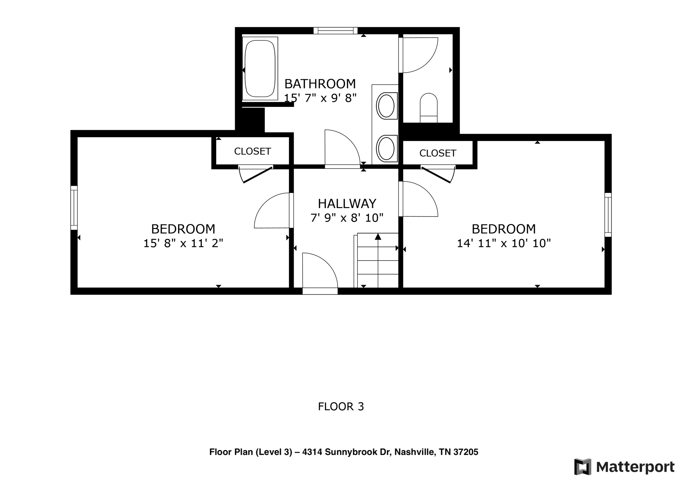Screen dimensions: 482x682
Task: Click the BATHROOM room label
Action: (320, 84)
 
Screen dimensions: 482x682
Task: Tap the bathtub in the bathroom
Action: (260, 68)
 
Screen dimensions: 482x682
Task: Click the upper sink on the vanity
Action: (387, 106)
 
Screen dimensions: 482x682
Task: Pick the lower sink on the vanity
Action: (387, 148)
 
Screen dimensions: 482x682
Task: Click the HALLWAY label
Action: (347, 203)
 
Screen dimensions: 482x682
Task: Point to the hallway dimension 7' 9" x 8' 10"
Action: (347, 218)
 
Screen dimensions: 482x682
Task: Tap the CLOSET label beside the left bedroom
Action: (252, 151)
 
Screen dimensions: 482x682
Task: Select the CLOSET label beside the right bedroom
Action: (438, 153)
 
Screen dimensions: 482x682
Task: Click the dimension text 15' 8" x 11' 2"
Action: (183, 243)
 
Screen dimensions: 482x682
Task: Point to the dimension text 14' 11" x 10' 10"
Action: (504, 243)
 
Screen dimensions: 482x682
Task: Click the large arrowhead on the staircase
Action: (378, 237)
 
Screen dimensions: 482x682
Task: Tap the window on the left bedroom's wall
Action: (74, 208)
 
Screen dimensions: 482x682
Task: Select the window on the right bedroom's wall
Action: (608, 215)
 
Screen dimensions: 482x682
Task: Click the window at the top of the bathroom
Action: (335, 31)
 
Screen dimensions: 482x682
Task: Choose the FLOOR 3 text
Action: (341, 406)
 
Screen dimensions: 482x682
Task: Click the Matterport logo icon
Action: (582, 466)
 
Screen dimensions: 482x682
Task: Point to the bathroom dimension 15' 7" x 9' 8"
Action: (320, 98)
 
